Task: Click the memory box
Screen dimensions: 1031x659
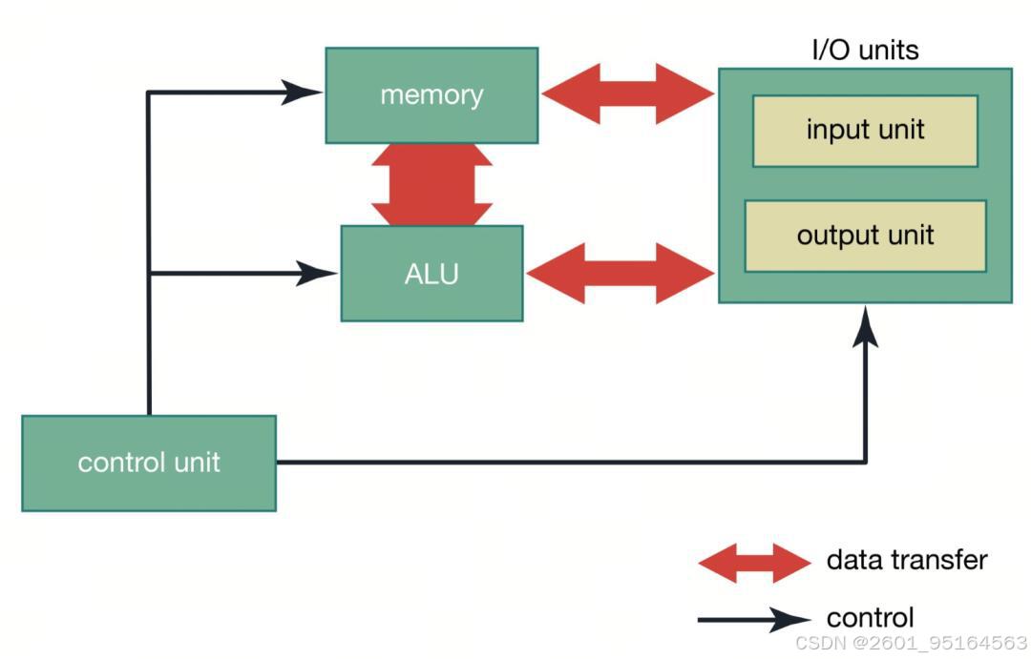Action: (x=432, y=95)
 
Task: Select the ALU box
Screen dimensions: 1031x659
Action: (x=432, y=274)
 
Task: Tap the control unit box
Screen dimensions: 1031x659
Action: (x=149, y=463)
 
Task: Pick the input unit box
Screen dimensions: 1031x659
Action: (x=865, y=131)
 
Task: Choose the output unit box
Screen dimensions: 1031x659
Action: (x=865, y=236)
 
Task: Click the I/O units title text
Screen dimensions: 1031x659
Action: (x=865, y=50)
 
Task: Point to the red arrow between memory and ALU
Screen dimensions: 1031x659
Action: (x=432, y=185)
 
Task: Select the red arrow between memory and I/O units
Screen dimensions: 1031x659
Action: (x=628, y=94)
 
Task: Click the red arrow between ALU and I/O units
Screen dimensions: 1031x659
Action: (x=621, y=274)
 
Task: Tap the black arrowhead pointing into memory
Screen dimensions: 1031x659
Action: (x=301, y=93)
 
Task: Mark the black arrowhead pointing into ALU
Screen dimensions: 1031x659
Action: (x=316, y=274)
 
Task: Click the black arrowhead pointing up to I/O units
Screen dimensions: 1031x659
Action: (x=865, y=326)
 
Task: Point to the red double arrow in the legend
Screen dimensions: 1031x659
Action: (x=755, y=563)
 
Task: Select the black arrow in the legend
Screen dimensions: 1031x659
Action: (x=755, y=619)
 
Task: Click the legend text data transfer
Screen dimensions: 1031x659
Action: (x=907, y=561)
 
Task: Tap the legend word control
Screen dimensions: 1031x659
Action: (x=870, y=618)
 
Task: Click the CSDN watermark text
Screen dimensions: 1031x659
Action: (x=912, y=643)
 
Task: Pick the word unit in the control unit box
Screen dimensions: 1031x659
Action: (x=198, y=463)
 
